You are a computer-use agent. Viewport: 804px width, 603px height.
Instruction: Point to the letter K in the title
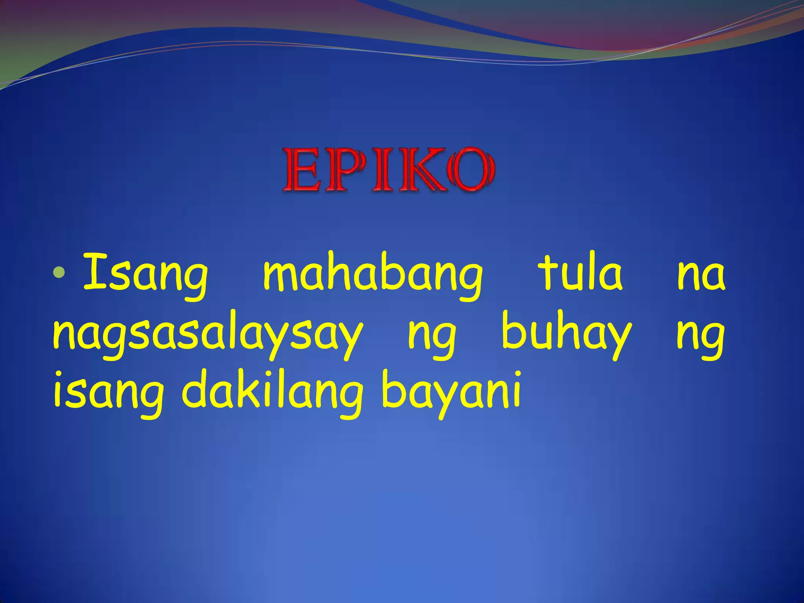click(x=417, y=170)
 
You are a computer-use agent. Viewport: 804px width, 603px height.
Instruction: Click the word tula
click(x=582, y=272)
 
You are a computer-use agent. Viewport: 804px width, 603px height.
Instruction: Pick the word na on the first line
click(x=701, y=275)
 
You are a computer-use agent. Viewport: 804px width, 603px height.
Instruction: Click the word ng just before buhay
click(x=432, y=338)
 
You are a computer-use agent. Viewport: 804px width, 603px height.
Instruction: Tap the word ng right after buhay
click(x=700, y=338)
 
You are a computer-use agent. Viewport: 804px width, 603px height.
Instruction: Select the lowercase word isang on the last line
click(x=108, y=394)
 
